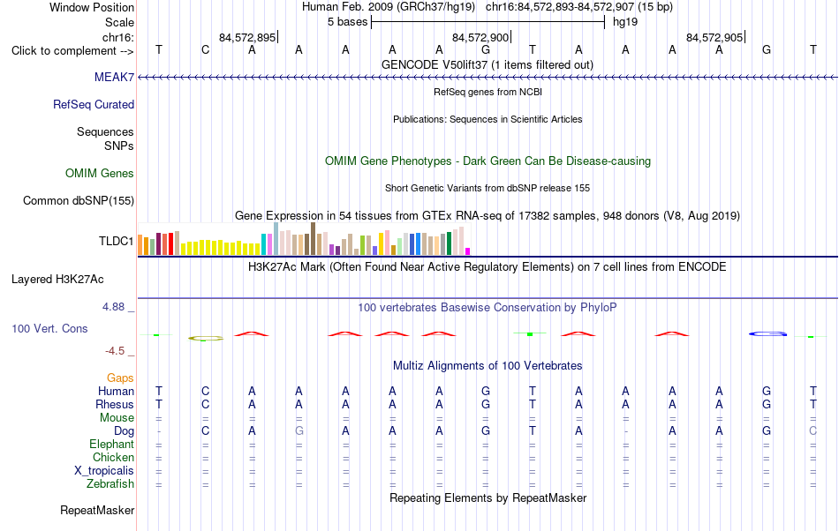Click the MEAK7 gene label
tap(114, 77)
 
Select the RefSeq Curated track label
tap(94, 104)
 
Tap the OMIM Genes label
tap(100, 173)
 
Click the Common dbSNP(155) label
tap(79, 200)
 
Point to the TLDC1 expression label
tap(116, 241)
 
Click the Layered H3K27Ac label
tap(57, 279)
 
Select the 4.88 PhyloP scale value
tap(113, 307)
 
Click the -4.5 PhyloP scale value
tap(115, 350)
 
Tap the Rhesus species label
tap(115, 404)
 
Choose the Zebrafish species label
tap(110, 483)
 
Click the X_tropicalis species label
tap(104, 471)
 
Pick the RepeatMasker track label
tap(97, 510)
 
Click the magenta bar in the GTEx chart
tap(468, 251)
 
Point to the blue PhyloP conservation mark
tap(767, 334)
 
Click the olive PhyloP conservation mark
tap(206, 338)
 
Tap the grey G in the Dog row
tap(299, 430)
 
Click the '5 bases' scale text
tap(348, 22)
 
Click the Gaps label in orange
tap(120, 378)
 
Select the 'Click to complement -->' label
tap(72, 51)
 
